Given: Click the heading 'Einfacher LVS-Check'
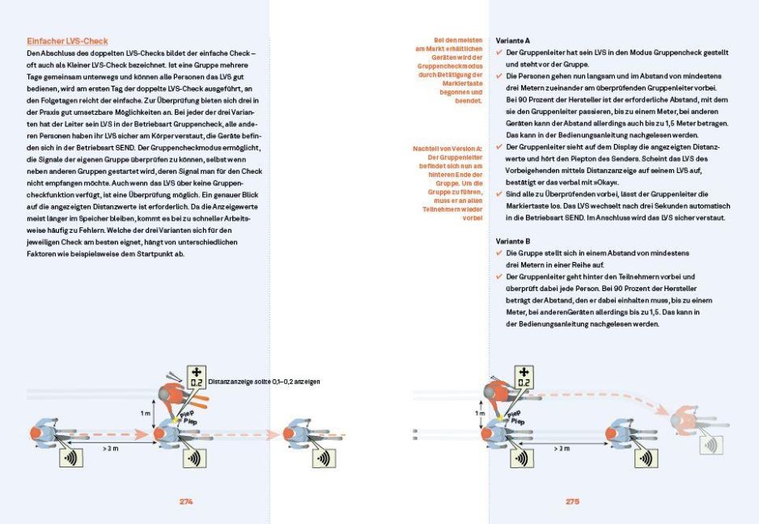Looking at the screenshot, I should [67, 40].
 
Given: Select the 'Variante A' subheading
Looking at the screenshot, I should [514, 40].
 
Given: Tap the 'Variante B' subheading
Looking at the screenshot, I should [514, 241].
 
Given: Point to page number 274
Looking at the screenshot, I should [186, 501].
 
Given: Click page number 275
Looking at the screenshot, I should [572, 501].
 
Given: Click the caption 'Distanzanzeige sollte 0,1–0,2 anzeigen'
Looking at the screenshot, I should [264, 381].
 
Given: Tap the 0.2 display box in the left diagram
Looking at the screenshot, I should [195, 377].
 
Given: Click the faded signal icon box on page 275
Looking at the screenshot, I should [712, 444].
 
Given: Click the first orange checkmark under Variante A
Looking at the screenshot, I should [500, 52].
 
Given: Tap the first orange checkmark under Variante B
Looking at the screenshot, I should [500, 253].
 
